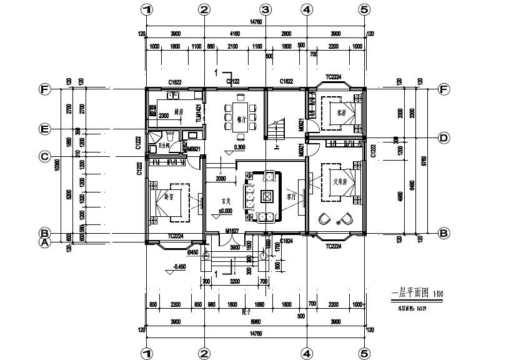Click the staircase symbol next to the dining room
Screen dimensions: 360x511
[x=275, y=131]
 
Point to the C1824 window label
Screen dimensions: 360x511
[x=287, y=241]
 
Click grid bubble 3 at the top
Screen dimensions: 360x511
[x=265, y=9]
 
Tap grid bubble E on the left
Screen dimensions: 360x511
[x=44, y=130]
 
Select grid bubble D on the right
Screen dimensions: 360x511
[x=444, y=137]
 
